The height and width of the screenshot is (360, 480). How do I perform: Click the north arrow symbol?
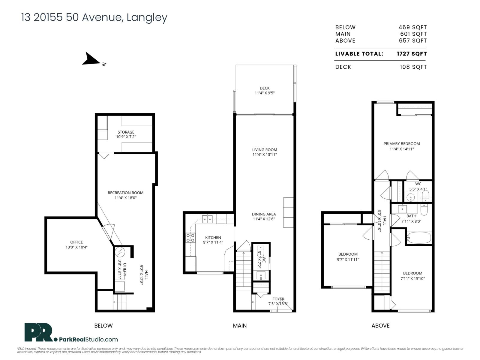point(91,59)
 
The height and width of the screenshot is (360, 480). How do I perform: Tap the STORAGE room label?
point(126,132)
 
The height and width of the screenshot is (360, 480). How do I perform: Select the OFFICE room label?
point(76,242)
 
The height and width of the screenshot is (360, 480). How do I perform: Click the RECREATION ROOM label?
point(125,193)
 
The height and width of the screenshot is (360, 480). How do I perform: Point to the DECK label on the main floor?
point(265,88)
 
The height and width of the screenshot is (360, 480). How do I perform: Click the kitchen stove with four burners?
point(190,238)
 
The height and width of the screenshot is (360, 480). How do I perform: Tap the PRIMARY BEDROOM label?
point(402,144)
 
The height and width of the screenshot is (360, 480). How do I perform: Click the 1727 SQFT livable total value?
point(412,54)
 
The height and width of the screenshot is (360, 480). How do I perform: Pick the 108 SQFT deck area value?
point(413,67)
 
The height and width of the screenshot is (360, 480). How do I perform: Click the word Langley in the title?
point(147,18)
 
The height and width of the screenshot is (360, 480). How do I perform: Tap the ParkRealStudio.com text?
point(88,340)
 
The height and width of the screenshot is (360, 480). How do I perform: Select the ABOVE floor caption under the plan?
point(380,325)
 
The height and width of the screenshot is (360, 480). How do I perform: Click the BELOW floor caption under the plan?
point(103,325)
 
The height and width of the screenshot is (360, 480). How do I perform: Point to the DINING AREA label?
point(264,214)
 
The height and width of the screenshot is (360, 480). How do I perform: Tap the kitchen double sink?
point(207,219)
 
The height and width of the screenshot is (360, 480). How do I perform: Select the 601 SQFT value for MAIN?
point(413,34)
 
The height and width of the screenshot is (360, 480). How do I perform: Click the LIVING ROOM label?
point(265,150)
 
